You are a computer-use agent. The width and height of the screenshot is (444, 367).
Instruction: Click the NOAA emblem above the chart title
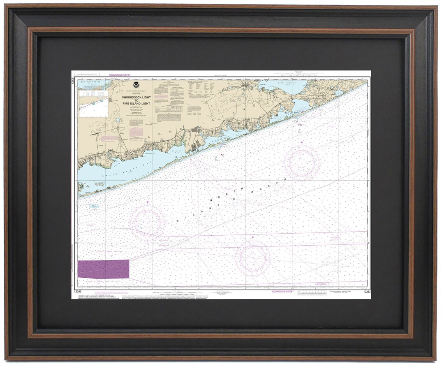pyautogui.click(x=136, y=88)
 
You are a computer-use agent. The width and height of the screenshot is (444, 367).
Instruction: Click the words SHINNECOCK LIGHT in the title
pyautogui.click(x=136, y=97)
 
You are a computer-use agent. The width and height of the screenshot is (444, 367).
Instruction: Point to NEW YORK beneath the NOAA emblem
pyautogui.click(x=136, y=93)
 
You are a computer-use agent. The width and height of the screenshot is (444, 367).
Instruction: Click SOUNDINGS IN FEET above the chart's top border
pyautogui.click(x=119, y=75)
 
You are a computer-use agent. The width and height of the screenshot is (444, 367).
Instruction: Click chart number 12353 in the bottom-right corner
pyautogui.click(x=367, y=291)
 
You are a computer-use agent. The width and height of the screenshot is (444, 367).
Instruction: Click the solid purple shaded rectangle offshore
pyautogui.click(x=103, y=269)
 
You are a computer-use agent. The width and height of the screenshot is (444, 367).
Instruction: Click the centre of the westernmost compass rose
pyautogui.click(x=147, y=223)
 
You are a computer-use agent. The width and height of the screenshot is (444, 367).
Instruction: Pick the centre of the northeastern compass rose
pyautogui.click(x=302, y=163)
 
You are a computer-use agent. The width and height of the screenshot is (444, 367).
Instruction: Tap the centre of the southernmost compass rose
pyautogui.click(x=252, y=258)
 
